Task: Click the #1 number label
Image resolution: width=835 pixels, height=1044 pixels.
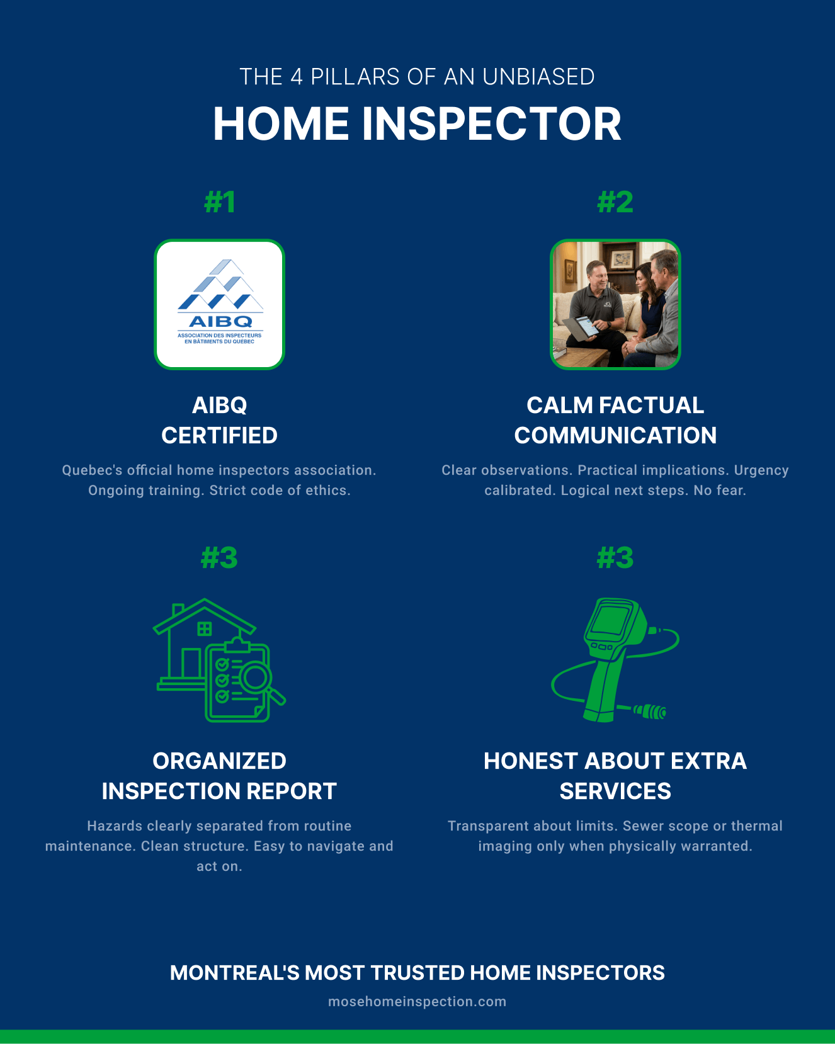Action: [220, 202]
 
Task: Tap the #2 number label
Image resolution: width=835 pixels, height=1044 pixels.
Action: [615, 202]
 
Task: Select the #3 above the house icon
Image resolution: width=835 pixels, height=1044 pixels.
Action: [219, 558]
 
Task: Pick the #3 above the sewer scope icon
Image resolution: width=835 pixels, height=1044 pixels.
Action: [615, 558]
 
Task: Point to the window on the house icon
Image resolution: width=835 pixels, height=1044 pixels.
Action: [204, 628]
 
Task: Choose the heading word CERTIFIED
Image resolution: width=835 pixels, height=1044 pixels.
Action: [219, 435]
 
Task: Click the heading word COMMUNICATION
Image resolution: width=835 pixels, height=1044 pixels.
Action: [615, 435]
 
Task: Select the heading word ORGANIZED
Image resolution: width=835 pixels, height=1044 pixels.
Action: [219, 761]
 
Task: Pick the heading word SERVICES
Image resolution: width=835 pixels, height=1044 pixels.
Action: [615, 791]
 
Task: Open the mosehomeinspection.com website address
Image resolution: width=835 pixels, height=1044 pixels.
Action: [417, 1002]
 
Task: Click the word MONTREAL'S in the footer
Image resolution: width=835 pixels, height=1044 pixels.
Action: [235, 973]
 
